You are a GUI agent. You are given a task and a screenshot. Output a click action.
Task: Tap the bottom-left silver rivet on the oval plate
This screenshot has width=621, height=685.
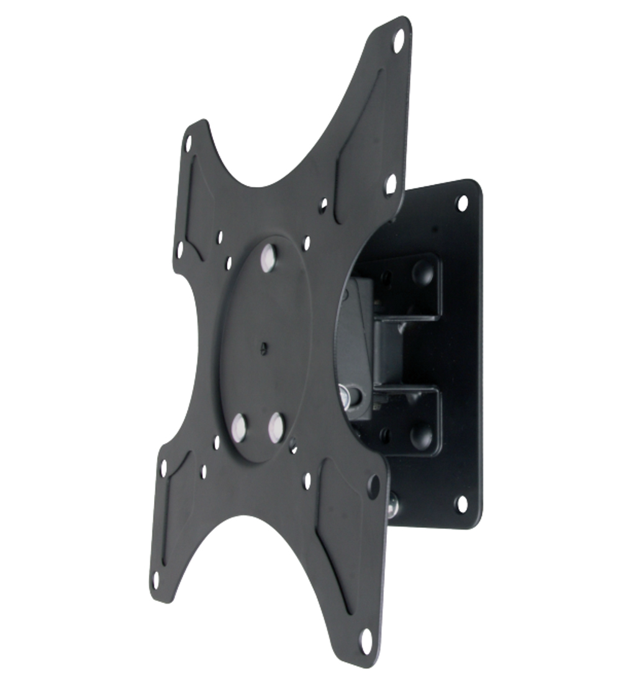pos(238,425)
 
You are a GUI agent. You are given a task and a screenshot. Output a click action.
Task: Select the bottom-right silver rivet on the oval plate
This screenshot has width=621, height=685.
pos(276,425)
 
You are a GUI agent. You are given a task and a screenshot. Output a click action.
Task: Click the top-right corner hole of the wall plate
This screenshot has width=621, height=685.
pos(462,202)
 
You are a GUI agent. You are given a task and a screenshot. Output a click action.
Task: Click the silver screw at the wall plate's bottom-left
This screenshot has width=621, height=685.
pos(393,505)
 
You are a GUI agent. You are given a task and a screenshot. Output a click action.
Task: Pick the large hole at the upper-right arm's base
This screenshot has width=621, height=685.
pos(390,184)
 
